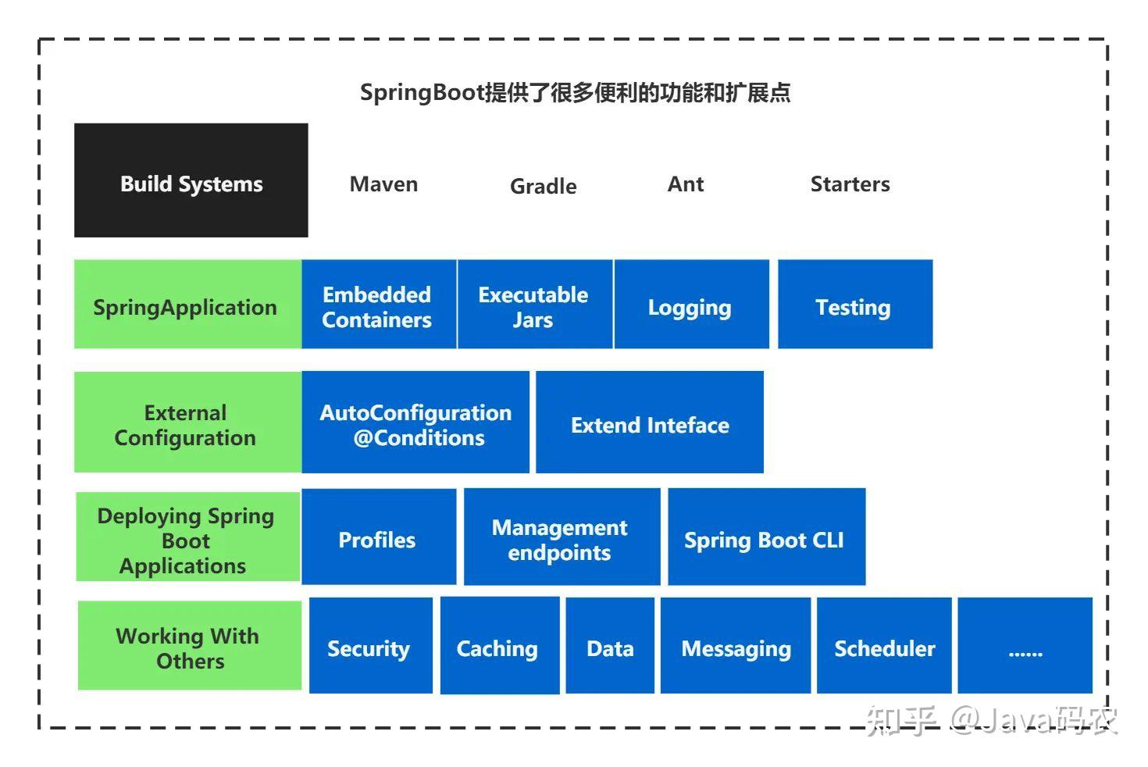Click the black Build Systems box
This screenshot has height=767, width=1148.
[191, 180]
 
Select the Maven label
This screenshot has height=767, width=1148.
[383, 184]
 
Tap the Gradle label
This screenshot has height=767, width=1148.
[543, 186]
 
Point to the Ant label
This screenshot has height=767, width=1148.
[686, 184]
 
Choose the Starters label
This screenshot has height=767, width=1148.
[850, 184]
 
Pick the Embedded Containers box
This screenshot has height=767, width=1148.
[379, 305]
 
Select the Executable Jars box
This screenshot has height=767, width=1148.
[535, 305]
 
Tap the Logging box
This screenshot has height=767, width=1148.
[691, 305]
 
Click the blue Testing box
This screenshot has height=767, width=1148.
[855, 305]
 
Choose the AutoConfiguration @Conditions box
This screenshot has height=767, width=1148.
[415, 423]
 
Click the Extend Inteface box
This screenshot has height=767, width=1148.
[650, 423]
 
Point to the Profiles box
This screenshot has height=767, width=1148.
[379, 537]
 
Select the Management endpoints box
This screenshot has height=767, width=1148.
[562, 537]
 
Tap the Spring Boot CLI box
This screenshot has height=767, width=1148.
[766, 537]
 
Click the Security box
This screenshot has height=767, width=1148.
[370, 646]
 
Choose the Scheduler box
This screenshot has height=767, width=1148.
[884, 646]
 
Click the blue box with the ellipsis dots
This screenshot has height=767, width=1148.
[1025, 646]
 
